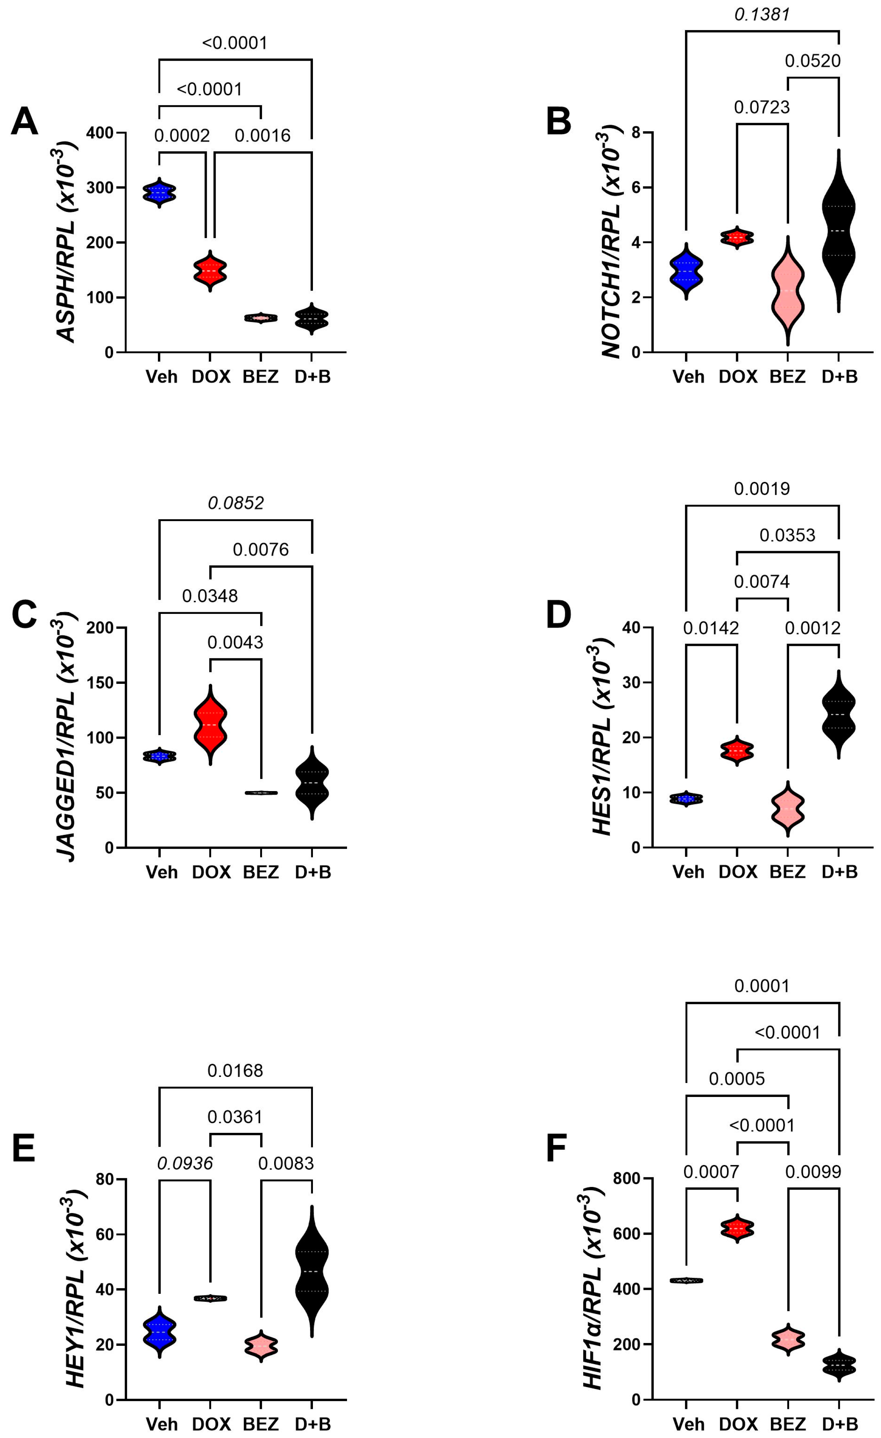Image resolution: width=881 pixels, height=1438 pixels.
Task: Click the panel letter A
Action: click(24, 122)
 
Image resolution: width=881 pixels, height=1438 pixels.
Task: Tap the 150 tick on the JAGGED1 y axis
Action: click(100, 683)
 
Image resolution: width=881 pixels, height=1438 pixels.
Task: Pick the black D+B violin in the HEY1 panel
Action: click(312, 1271)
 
